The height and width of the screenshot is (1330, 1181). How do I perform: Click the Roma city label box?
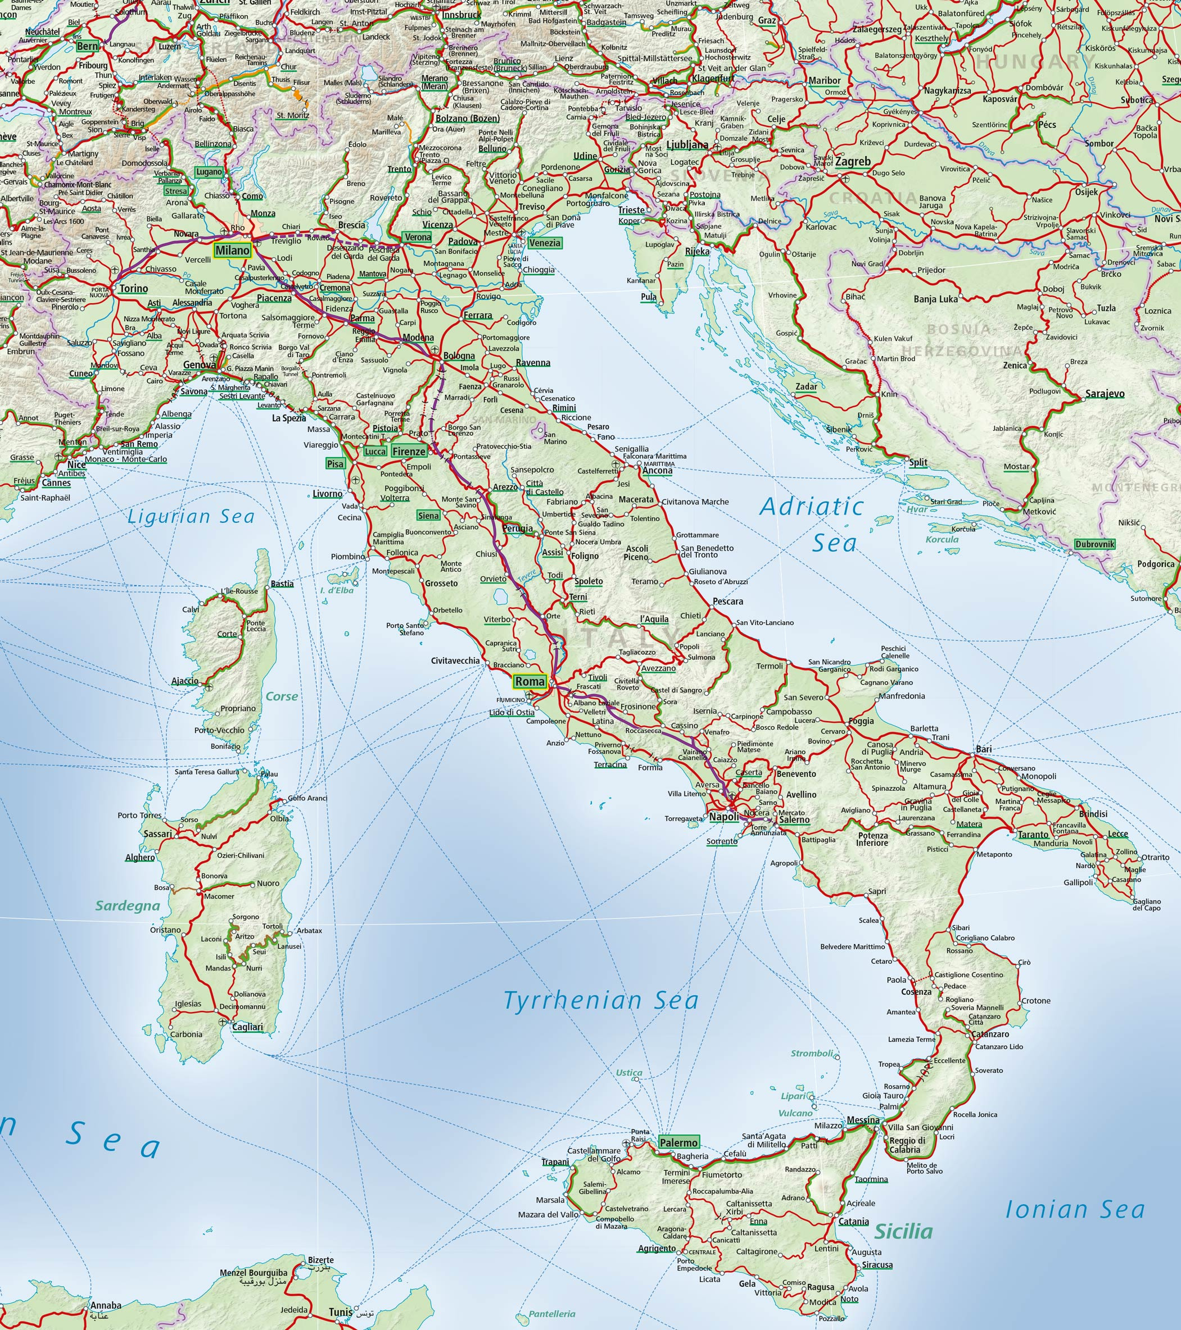click(x=530, y=681)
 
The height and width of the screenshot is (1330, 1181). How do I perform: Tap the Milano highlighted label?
click(x=232, y=250)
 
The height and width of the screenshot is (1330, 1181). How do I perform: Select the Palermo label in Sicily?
click(x=678, y=1142)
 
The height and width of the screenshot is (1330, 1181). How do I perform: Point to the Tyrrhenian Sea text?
click(x=600, y=1000)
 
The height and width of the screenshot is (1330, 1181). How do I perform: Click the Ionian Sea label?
click(x=1074, y=1210)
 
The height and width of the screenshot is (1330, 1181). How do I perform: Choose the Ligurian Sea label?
click(x=190, y=517)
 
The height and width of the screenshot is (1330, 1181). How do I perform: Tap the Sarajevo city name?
click(x=1104, y=394)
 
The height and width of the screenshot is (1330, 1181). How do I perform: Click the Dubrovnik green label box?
click(x=1094, y=544)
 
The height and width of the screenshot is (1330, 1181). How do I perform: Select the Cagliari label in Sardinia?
click(x=247, y=1027)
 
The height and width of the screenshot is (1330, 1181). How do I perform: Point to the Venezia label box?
click(x=544, y=243)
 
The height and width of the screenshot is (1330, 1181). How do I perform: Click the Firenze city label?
click(x=408, y=452)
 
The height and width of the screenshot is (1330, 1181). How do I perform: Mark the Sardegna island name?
click(x=128, y=906)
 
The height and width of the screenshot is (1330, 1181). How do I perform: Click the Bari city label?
click(x=983, y=749)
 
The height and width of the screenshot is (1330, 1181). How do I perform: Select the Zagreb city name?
click(x=852, y=161)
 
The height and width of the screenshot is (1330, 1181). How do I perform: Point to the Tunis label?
click(x=340, y=1312)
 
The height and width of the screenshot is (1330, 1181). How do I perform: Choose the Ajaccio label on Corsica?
click(x=185, y=681)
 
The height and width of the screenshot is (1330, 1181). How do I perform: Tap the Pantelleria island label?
click(x=552, y=1314)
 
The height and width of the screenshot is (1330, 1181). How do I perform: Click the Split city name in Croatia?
click(x=918, y=462)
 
